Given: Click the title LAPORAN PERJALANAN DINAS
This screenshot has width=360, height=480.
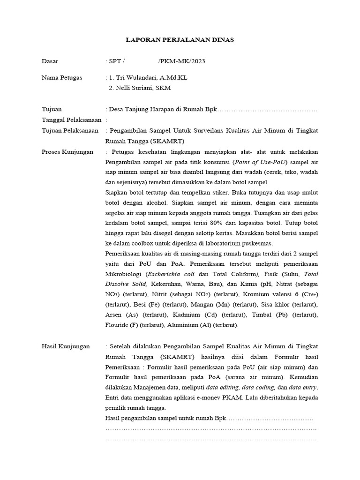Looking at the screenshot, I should (x=180, y=40).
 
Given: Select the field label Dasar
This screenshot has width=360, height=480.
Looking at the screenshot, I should (x=50, y=61).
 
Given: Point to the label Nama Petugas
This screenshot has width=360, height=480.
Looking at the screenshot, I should (x=62, y=77).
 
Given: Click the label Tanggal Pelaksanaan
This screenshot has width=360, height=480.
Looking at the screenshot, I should (x=72, y=120).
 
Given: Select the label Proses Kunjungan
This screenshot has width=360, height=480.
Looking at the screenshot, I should (x=67, y=152).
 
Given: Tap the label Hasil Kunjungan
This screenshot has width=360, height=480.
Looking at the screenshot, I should (x=66, y=346).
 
